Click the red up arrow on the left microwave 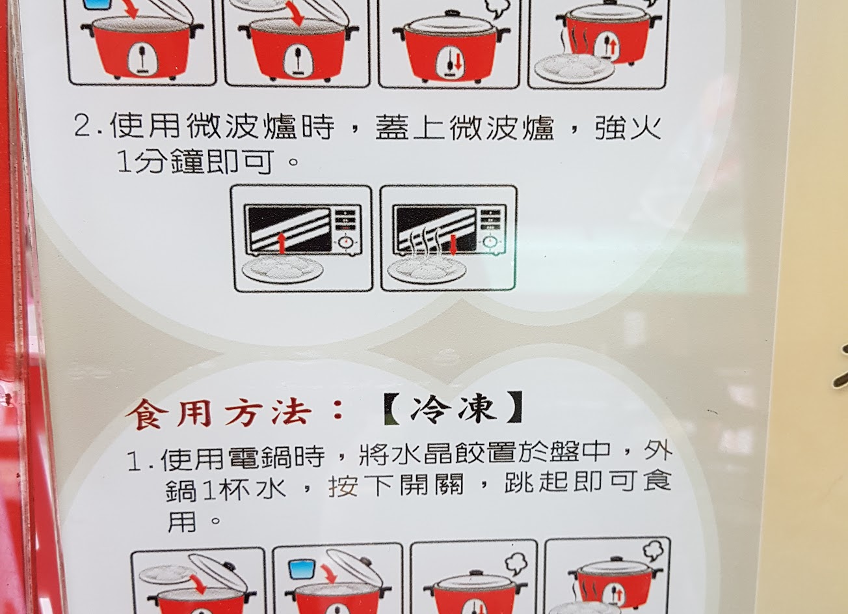point(282,243)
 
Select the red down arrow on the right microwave point(453,245)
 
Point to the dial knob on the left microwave point(345,242)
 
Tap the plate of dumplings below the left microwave point(283,269)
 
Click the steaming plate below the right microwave point(427,268)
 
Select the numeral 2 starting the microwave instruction point(82,126)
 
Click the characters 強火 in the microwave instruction point(628,128)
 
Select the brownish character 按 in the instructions point(343,486)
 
